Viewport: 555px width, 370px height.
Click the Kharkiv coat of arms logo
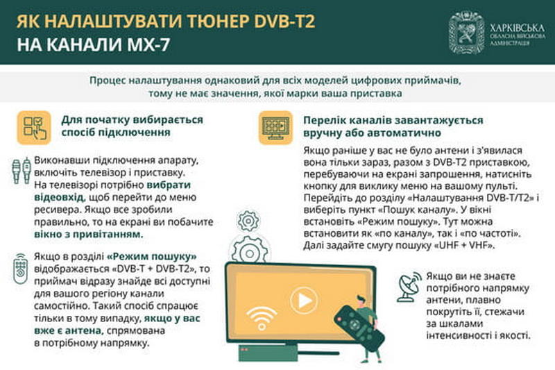tap(467, 32)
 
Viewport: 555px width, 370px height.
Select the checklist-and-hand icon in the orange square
tap(34, 128)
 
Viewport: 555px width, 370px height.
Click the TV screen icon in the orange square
tap(275, 128)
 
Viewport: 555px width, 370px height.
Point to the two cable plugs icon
tap(22, 171)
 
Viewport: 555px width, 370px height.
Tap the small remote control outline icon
tap(21, 269)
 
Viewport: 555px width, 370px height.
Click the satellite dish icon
tap(409, 287)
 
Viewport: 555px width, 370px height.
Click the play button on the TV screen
tap(304, 301)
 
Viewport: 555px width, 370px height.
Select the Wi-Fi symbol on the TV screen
tap(262, 318)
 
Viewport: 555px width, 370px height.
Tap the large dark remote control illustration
tap(359, 328)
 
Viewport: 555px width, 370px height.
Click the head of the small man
tap(360, 301)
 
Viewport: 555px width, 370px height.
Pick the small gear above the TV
tap(248, 221)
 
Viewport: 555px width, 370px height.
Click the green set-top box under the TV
tap(268, 353)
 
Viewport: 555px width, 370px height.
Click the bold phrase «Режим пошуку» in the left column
tap(151, 256)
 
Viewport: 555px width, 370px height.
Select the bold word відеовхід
tap(60, 197)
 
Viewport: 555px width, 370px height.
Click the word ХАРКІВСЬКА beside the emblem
tap(518, 28)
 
